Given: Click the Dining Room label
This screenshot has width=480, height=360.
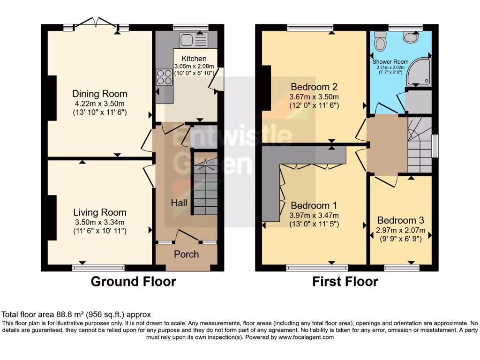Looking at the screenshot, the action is (x=100, y=94).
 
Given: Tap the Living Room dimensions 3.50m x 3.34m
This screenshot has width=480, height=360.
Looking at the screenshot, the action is (x=100, y=222).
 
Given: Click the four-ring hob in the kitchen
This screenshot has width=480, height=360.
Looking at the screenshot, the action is (x=165, y=77).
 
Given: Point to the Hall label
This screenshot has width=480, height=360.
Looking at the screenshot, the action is (x=179, y=202).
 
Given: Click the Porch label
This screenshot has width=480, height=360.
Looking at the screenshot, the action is (x=187, y=254).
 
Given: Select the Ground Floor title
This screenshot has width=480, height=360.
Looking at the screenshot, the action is (x=134, y=282).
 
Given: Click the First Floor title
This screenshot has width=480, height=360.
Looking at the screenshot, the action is (x=345, y=282).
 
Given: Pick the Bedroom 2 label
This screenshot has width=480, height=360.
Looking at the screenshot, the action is (x=314, y=87).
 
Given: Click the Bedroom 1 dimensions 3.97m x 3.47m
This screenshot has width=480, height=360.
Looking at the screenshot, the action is (x=314, y=216).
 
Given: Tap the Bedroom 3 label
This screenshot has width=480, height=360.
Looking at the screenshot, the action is (x=400, y=220).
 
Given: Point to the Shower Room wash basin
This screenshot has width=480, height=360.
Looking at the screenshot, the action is (x=411, y=37).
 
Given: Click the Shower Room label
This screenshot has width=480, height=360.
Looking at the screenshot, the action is (x=390, y=61).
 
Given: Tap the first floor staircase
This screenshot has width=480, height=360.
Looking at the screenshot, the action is (x=420, y=145).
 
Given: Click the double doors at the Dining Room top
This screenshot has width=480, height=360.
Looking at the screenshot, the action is (x=96, y=23).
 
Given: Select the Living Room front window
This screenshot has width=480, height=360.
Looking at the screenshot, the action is (x=98, y=268).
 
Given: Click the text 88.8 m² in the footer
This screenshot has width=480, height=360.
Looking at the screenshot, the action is (x=70, y=315).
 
